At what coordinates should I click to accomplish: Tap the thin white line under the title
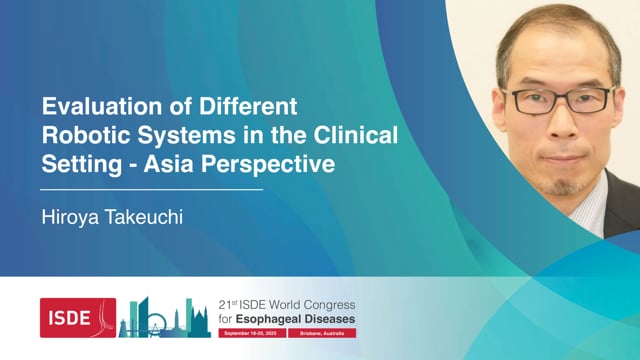pos(151,188)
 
